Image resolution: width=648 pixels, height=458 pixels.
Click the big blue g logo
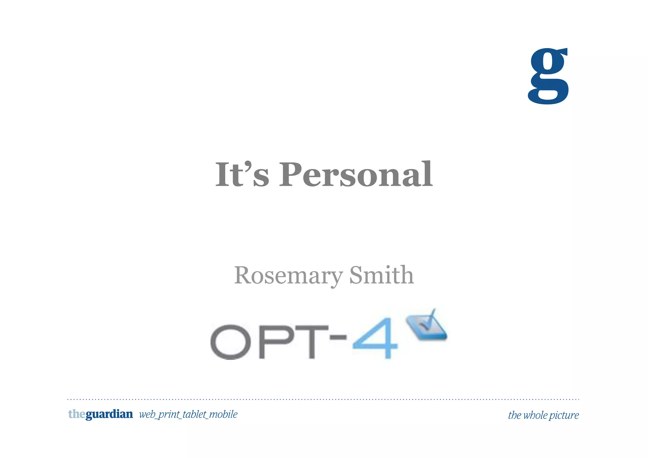point(548,76)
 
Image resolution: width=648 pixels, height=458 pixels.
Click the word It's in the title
point(242,175)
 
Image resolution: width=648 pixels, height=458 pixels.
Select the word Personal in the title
point(356,175)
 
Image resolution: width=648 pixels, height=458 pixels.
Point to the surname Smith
point(381,275)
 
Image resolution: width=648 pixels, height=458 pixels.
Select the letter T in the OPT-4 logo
point(311,342)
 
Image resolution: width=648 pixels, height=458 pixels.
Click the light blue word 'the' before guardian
point(77,414)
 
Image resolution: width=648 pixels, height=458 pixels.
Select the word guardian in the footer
point(109,414)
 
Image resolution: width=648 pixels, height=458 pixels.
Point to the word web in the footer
point(147,414)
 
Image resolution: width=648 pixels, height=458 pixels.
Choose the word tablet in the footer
point(194,414)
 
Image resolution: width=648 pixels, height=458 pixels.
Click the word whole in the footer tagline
point(535,415)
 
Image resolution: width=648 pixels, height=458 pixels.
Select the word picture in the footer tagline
point(564,415)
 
